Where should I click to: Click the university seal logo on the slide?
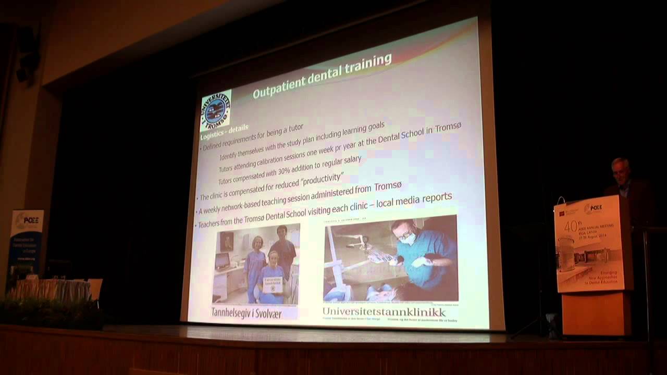(x=215, y=110)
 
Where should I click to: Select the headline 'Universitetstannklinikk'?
(x=384, y=312)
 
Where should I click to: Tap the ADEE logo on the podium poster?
(x=593, y=209)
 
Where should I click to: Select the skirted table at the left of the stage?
(x=50, y=290)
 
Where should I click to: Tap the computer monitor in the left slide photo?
(x=223, y=260)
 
